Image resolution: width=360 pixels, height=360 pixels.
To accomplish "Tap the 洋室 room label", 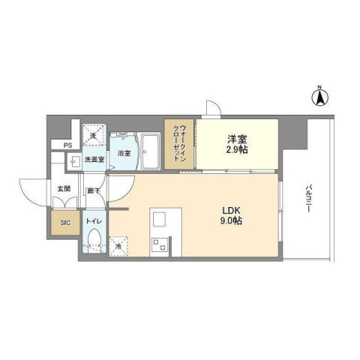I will [238, 138].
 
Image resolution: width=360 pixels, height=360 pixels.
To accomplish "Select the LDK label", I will [230, 209].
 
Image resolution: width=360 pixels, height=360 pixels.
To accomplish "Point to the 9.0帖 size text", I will [230, 221].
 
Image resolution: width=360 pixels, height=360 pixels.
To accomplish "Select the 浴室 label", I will [124, 153].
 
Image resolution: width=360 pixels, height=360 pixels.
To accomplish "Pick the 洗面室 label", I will [94, 159].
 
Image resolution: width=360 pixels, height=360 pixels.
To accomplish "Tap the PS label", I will [67, 145].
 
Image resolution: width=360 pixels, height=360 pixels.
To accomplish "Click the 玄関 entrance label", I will [64, 190].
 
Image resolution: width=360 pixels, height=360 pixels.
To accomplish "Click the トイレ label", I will [94, 222].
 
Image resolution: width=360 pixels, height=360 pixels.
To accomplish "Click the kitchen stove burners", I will [158, 244].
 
